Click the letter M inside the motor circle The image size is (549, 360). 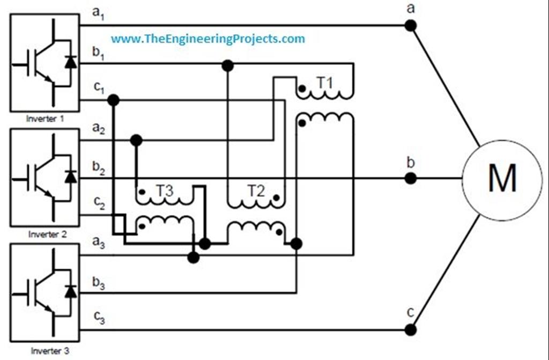[x=502, y=178]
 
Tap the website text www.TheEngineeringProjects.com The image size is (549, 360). [x=208, y=39]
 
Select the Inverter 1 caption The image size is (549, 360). [x=45, y=119]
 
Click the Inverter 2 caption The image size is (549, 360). [x=45, y=234]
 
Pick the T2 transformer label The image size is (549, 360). [x=256, y=190]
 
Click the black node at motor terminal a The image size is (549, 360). [x=410, y=25]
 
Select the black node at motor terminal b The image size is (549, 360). [x=410, y=178]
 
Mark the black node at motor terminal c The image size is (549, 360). [x=410, y=329]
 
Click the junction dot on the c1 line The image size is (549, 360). [x=113, y=100]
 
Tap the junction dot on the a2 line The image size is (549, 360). [x=136, y=140]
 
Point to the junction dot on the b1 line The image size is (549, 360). [x=227, y=65]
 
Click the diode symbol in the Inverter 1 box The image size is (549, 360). [x=70, y=61]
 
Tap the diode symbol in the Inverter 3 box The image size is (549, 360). [x=70, y=291]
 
